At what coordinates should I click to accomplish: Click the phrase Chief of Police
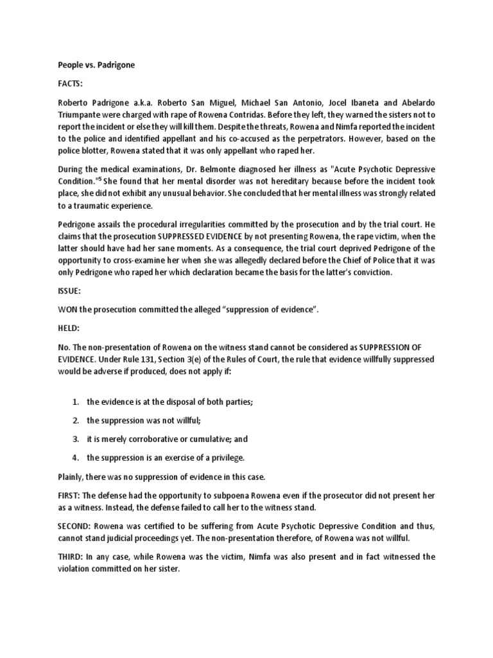[327, 261]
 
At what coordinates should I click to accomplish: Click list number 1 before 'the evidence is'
[75, 402]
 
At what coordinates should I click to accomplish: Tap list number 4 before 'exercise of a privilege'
[75, 458]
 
